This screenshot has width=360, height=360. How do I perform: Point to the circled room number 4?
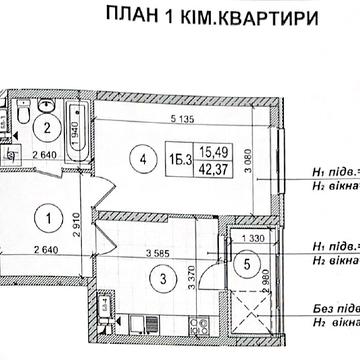tap(148, 156)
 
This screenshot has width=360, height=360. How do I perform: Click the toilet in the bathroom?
tap(21, 119)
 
